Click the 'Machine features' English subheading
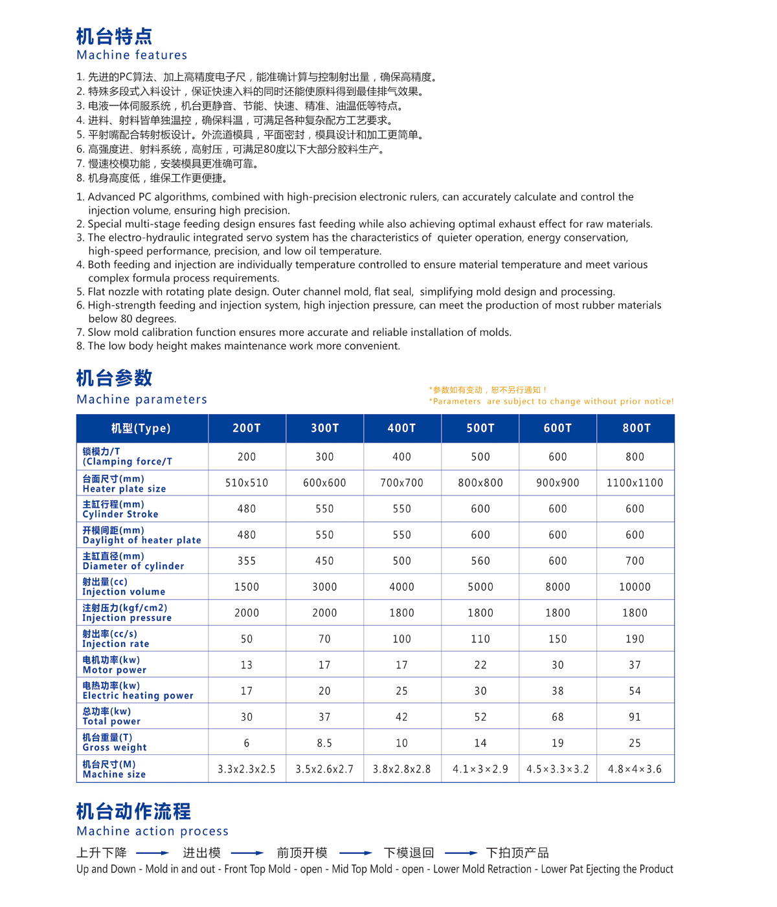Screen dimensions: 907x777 131,55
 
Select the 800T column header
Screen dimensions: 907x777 636,428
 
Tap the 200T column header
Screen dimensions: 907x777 247,428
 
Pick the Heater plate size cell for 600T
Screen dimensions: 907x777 557,483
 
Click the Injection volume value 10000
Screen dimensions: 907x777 635,587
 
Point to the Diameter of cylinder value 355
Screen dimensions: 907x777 247,561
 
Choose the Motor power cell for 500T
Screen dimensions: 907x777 480,665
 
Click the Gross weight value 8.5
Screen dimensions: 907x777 324,743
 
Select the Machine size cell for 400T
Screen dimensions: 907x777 401,769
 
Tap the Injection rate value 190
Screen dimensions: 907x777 635,639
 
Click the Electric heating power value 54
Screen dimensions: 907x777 635,691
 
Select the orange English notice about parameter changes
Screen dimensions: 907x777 551,401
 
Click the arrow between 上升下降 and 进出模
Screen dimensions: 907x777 153,853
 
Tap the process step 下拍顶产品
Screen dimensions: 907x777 517,853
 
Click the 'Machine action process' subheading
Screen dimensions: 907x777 152,831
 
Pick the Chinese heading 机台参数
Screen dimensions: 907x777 115,378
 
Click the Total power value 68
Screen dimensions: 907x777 557,717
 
